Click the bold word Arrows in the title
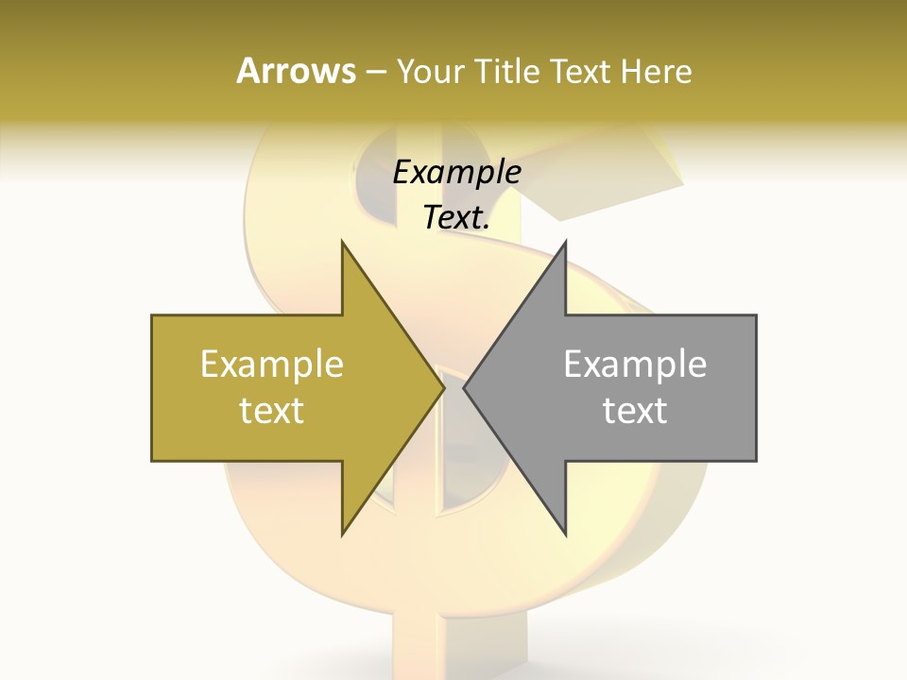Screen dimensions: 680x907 [x=296, y=71]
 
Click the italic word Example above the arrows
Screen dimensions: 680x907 [x=457, y=173]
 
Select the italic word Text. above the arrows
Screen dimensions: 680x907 [x=457, y=218]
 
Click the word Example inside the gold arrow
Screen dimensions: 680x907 [x=272, y=365]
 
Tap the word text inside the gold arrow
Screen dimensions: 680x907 [x=272, y=411]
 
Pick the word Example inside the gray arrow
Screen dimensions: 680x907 [x=635, y=365]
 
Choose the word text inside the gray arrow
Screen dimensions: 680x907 [x=635, y=411]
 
